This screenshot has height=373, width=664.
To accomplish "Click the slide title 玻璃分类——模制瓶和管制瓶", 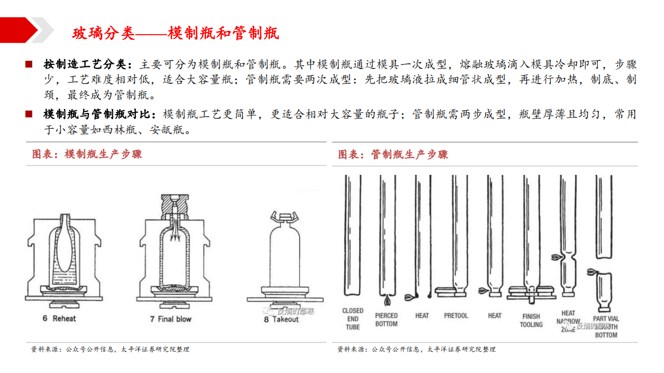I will pyautogui.click(x=175, y=34).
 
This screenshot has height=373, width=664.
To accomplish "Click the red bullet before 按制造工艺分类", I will pyautogui.click(x=29, y=65).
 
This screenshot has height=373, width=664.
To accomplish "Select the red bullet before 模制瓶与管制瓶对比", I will pyautogui.click(x=29, y=114).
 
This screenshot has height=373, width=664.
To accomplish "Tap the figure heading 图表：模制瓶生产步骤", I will pyautogui.click(x=87, y=154).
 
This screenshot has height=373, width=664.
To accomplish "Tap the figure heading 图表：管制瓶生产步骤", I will pyautogui.click(x=393, y=154).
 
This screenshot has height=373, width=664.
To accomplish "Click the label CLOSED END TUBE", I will pyautogui.click(x=353, y=319).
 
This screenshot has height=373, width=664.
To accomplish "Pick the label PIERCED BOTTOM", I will pyautogui.click(x=386, y=320).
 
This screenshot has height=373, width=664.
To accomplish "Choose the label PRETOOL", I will pyautogui.click(x=456, y=315).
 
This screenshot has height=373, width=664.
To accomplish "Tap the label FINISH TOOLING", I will pyautogui.click(x=531, y=320).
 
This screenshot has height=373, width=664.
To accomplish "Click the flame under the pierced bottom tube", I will pyautogui.click(x=387, y=300).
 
